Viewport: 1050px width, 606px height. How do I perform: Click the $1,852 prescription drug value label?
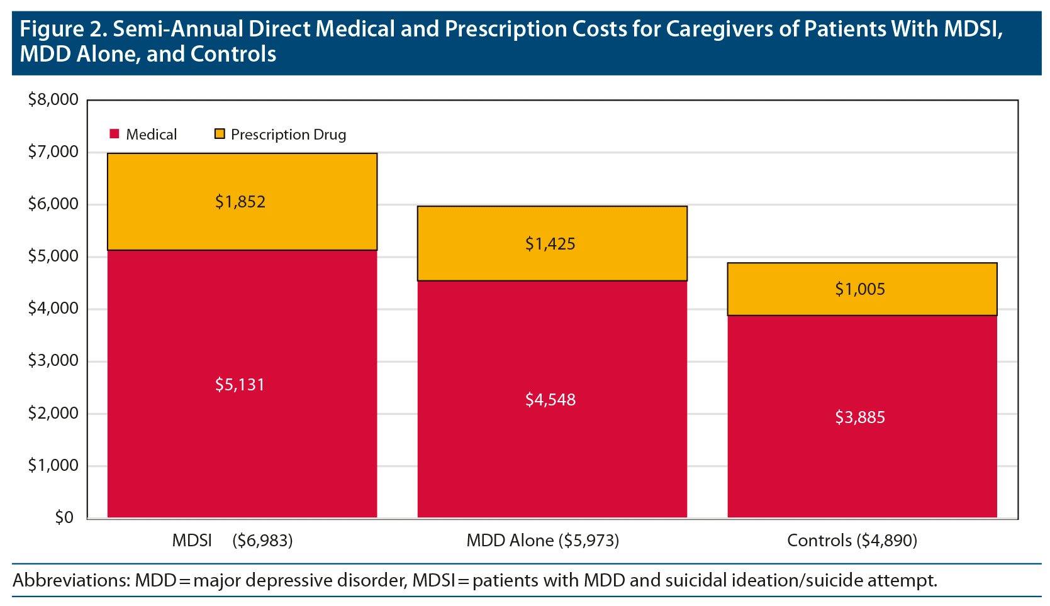(x=240, y=202)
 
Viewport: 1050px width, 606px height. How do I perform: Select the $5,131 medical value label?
(x=240, y=385)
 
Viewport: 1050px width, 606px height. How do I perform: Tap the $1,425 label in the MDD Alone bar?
(x=550, y=244)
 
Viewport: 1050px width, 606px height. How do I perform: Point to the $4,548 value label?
(x=550, y=400)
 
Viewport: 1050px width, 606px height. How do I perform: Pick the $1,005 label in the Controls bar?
(x=860, y=289)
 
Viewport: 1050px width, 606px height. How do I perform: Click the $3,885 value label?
(x=860, y=417)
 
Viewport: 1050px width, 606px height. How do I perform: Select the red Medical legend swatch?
(x=114, y=134)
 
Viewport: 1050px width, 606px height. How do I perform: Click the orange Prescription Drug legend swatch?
(x=220, y=134)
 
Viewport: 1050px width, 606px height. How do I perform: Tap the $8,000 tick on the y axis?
(x=53, y=99)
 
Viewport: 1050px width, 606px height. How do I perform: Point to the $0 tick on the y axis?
(x=64, y=517)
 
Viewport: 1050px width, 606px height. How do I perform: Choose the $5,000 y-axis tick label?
(x=53, y=256)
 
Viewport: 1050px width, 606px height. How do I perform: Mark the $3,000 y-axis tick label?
(x=53, y=360)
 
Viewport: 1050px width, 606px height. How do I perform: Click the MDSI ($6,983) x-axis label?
(x=232, y=541)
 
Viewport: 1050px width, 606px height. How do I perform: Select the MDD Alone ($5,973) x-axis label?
(x=542, y=541)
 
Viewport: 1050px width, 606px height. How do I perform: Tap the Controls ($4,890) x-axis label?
(x=852, y=541)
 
